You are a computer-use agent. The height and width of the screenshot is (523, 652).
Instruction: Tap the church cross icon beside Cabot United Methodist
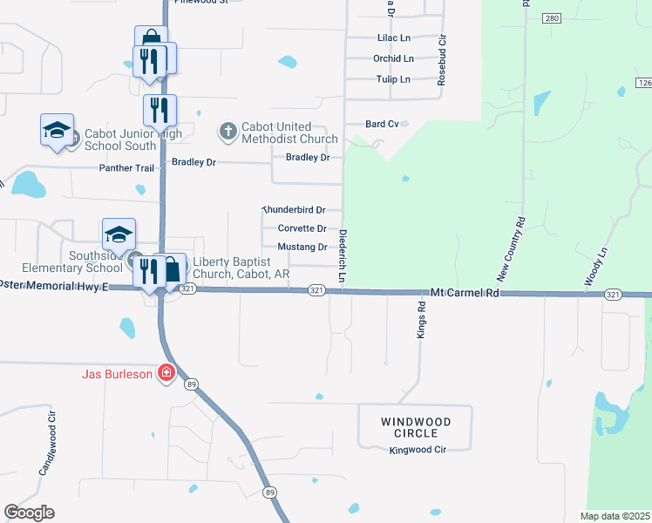coord(228,132)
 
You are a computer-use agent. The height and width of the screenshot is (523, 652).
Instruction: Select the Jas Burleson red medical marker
coord(165,375)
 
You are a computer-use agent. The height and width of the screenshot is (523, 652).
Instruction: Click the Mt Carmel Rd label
coord(465,294)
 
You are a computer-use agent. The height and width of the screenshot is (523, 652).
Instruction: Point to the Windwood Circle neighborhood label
coord(416,427)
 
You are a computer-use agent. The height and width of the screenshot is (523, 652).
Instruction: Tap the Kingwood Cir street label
coord(418,450)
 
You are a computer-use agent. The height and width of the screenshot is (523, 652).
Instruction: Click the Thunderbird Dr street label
coord(294,210)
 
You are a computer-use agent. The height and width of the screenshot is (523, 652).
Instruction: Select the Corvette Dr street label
coord(302,228)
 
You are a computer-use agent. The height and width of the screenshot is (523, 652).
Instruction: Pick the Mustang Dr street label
coord(302,247)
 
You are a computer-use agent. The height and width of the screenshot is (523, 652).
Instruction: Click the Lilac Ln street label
coord(393,38)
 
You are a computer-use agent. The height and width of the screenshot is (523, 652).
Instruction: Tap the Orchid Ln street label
coord(393,58)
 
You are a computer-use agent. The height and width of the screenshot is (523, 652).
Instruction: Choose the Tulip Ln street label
coord(392,79)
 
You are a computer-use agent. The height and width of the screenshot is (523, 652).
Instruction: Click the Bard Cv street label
coord(382,125)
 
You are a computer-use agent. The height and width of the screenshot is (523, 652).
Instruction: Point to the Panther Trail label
coord(126,167)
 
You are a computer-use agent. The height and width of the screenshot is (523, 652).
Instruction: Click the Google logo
coord(29,512)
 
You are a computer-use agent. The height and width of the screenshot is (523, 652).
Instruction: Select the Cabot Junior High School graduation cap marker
coord(57,132)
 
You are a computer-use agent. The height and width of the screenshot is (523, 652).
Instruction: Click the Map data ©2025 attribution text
coord(615,516)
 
